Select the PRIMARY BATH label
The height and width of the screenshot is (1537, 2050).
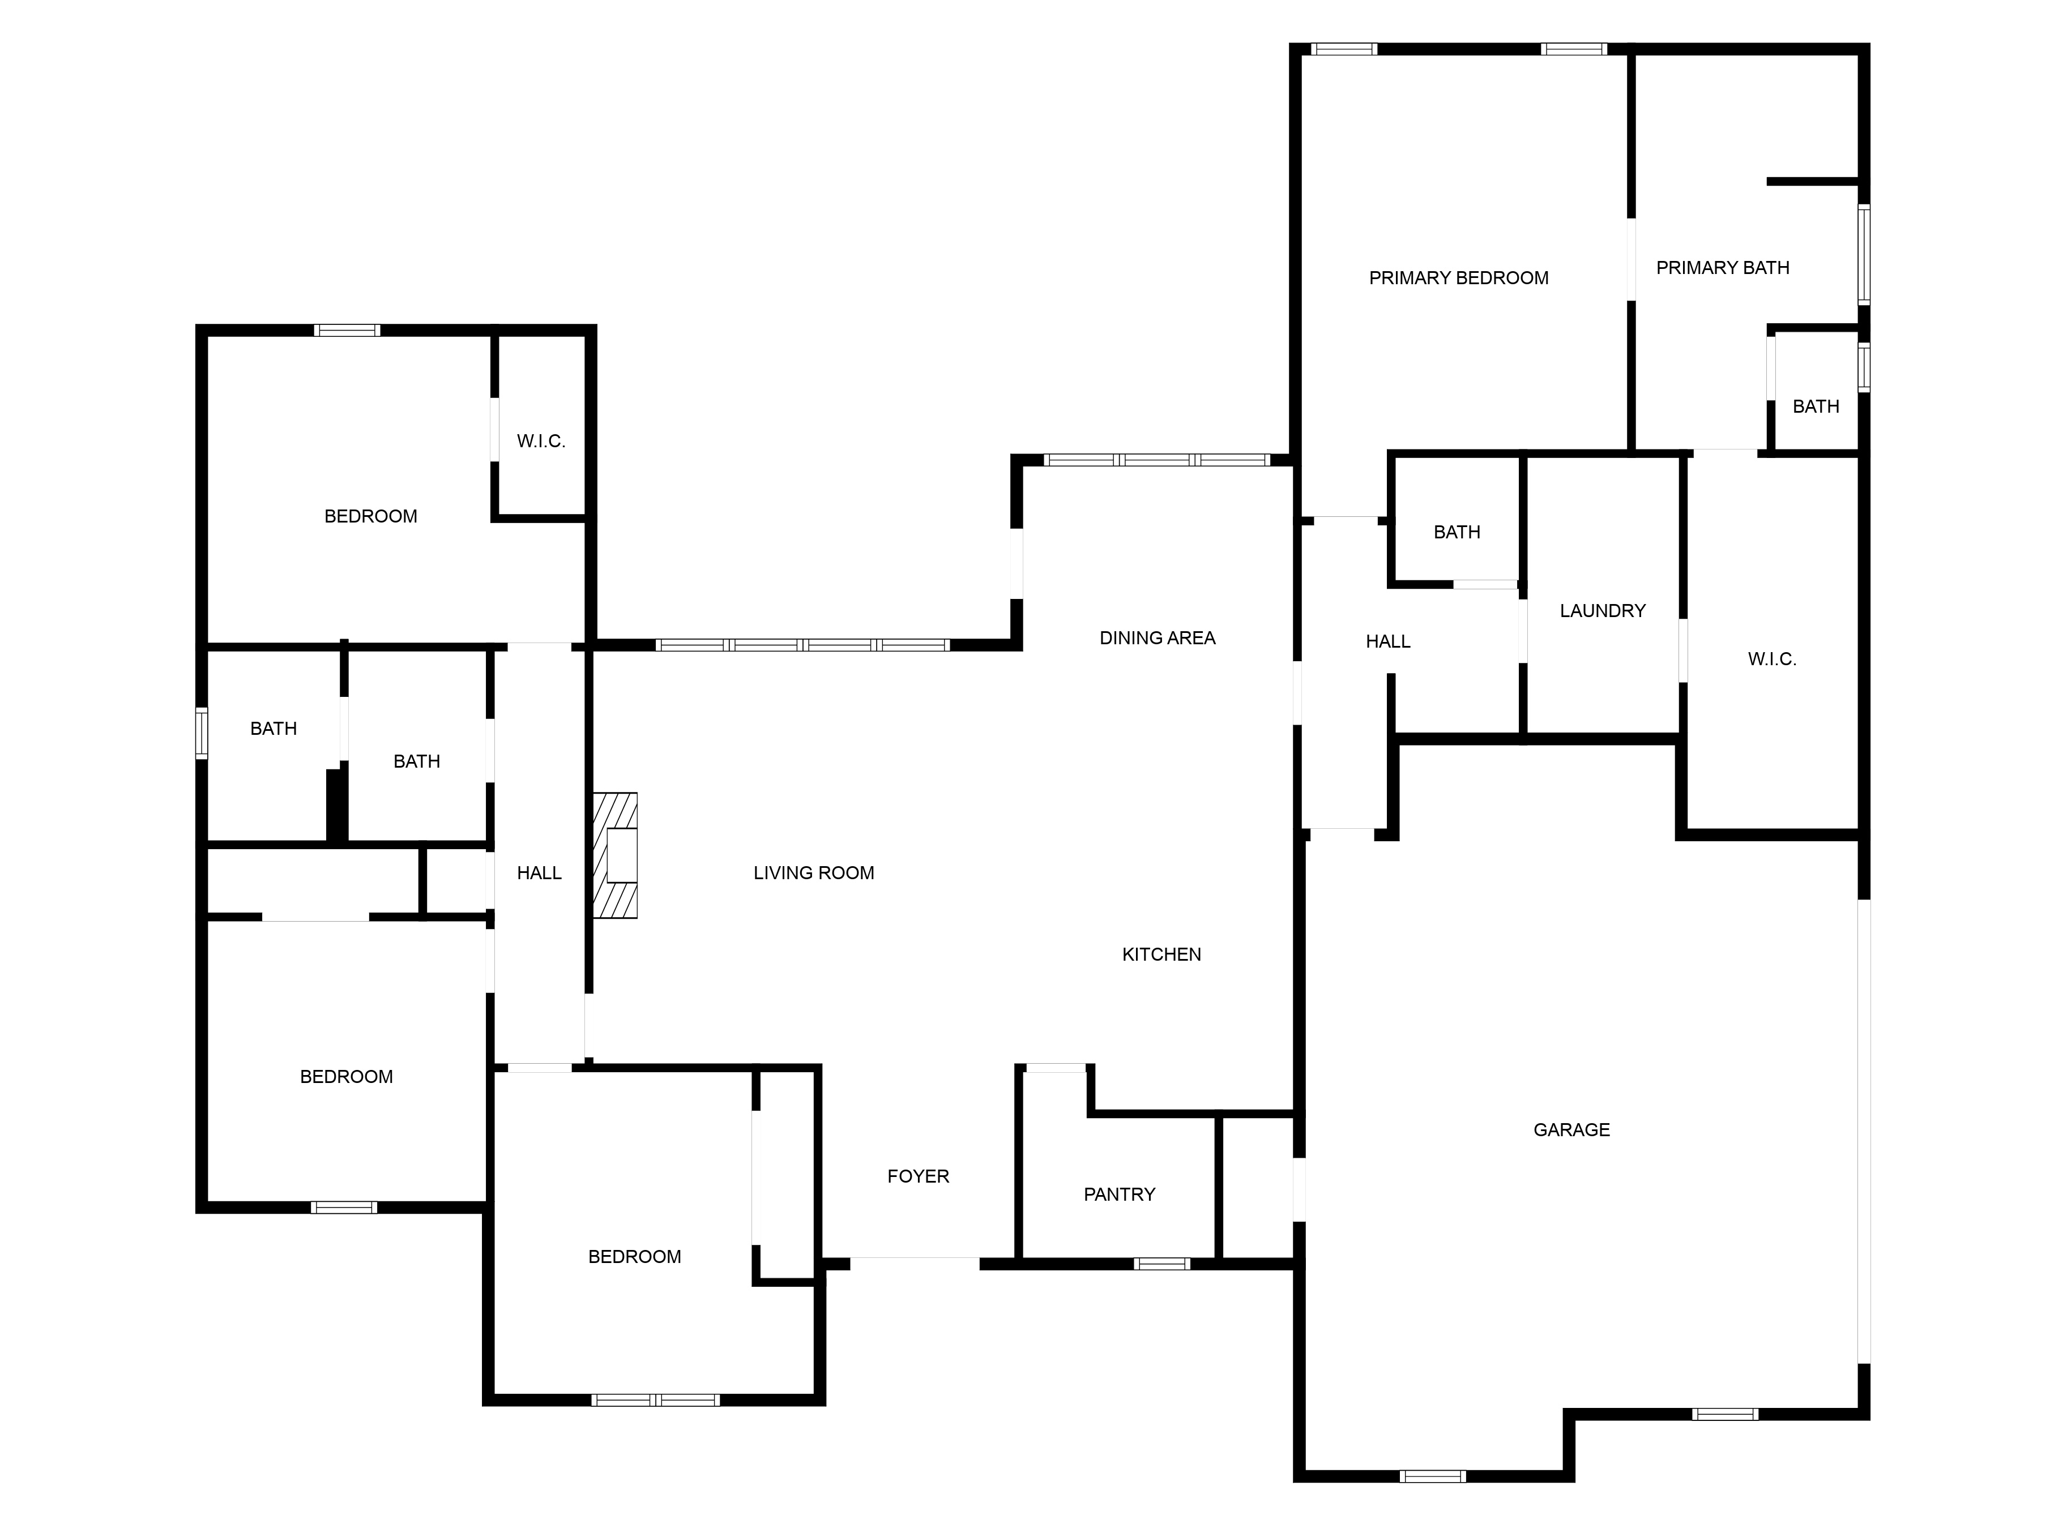click(1722, 268)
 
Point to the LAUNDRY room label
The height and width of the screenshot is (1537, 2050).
click(1603, 610)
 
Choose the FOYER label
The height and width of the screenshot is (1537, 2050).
click(917, 1176)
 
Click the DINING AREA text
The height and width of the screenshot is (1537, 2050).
click(1156, 637)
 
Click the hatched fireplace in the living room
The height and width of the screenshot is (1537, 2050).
click(616, 855)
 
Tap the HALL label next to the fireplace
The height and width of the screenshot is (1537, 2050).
click(539, 873)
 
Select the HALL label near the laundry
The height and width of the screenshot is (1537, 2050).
click(1387, 641)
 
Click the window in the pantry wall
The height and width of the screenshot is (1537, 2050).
click(1161, 1264)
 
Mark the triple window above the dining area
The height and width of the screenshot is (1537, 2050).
click(1156, 460)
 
